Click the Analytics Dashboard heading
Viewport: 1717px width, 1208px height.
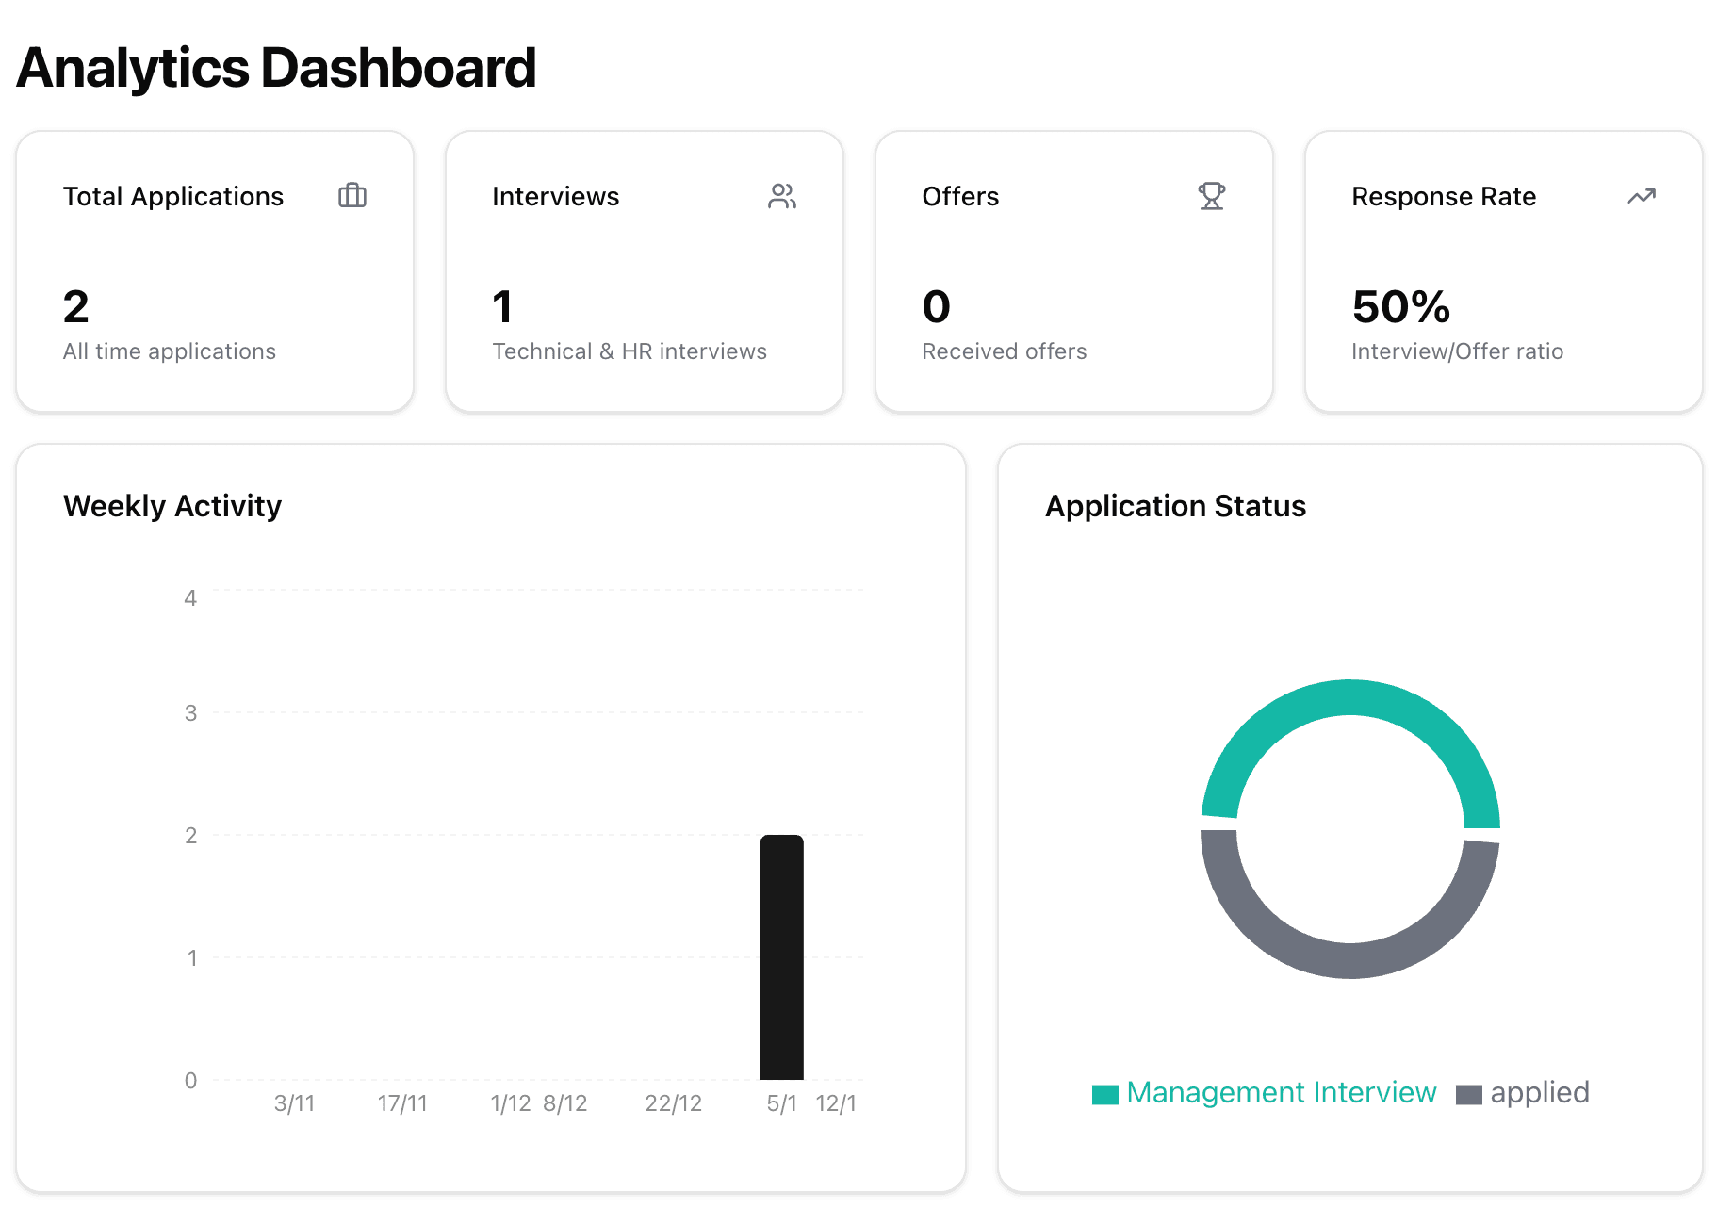276,68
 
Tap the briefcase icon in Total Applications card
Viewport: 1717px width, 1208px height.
352,195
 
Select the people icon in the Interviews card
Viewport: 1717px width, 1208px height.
782,196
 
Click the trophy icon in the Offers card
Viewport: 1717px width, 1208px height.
1211,196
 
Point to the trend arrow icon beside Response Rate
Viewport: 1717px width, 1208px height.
1641,196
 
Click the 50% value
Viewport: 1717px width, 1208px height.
1400,307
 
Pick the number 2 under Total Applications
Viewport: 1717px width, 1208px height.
76,307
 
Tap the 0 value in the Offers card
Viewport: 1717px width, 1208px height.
936,307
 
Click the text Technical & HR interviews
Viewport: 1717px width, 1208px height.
630,351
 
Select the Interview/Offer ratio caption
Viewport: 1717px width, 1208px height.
1457,351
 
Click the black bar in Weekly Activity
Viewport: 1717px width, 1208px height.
781,956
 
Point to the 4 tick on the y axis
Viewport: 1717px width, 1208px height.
190,598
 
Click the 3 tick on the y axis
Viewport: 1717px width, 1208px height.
190,713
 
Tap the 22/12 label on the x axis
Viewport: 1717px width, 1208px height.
673,1103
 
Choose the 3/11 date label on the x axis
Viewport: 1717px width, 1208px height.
294,1103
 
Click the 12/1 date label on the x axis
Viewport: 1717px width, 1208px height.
836,1103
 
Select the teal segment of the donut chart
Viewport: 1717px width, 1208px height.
1349,698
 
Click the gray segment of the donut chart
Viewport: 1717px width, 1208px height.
1349,960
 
